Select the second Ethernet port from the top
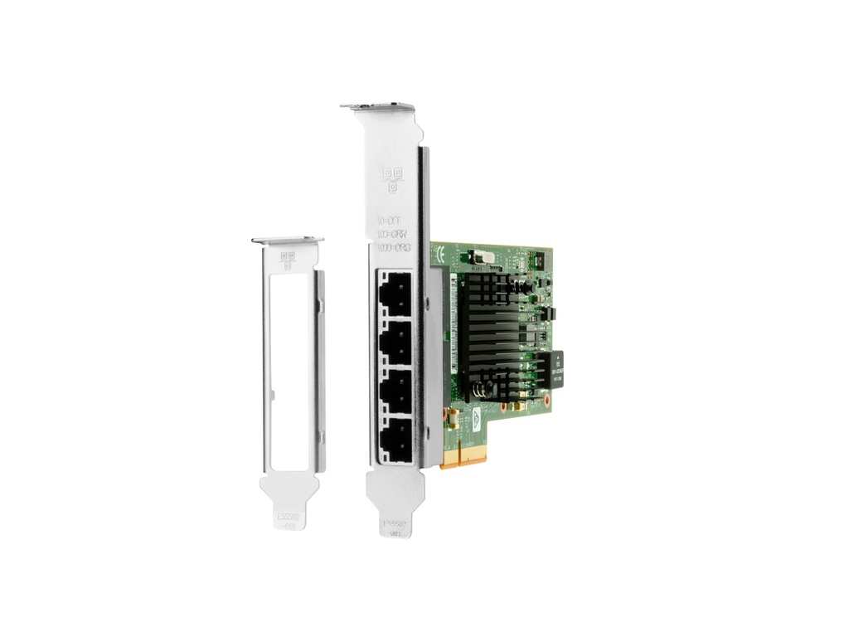pos(394,342)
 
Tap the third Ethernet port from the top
pos(394,388)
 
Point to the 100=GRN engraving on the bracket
pos(392,235)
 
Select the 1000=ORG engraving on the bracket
pos(394,248)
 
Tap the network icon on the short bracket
pos(288,260)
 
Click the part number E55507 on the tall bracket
pos(394,524)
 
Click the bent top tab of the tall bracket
pos(378,107)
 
